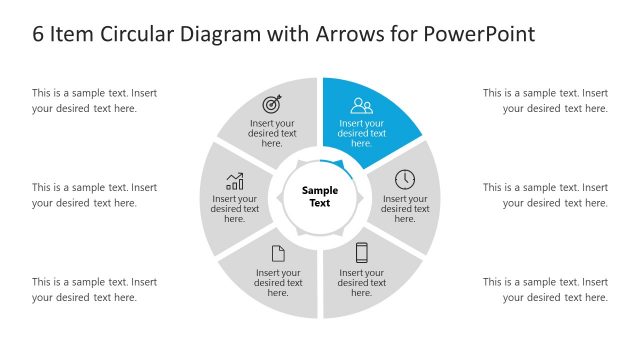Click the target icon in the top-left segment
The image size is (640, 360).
[x=272, y=104]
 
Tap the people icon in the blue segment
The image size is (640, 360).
[x=361, y=105]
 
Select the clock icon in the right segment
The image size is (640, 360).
[x=405, y=180]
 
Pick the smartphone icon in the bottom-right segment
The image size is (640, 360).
[x=362, y=253]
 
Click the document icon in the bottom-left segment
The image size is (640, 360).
[x=278, y=254]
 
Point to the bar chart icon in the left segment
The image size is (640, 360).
[x=235, y=181]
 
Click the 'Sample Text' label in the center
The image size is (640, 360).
[x=320, y=196]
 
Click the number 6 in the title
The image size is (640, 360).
[x=38, y=34]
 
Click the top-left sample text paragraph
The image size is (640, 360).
[x=94, y=100]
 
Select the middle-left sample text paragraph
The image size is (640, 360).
[x=94, y=195]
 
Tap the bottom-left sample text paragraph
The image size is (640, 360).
[x=94, y=289]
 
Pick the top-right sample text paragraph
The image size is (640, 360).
[x=545, y=100]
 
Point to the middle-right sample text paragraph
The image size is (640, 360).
[x=545, y=195]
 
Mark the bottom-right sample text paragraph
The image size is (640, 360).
[x=545, y=289]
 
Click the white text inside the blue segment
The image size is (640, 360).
[x=362, y=133]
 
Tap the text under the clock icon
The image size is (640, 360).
[x=405, y=208]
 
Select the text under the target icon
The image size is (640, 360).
[x=272, y=133]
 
